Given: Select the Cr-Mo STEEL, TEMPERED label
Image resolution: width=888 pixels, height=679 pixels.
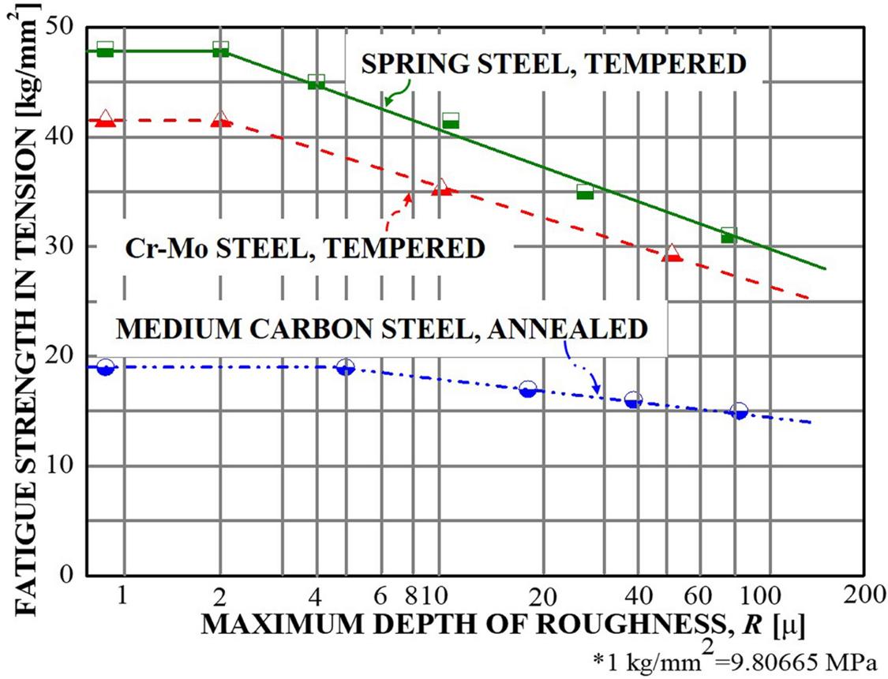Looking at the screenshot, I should click(x=304, y=248).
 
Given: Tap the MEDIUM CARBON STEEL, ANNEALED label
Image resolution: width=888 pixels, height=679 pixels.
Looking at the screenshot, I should click(x=380, y=327).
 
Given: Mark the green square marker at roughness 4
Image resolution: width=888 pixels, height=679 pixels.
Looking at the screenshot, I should click(x=317, y=81).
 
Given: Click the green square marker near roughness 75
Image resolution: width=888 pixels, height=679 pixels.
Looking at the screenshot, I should click(x=729, y=234).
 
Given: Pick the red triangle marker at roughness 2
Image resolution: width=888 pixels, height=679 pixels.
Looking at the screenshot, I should click(x=221, y=119).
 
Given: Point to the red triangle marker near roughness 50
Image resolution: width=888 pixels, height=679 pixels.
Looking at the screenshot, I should click(x=671, y=253).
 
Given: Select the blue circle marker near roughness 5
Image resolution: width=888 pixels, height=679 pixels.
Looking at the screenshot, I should click(x=345, y=367).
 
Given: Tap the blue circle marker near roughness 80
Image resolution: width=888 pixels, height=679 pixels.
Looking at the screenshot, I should click(x=739, y=411).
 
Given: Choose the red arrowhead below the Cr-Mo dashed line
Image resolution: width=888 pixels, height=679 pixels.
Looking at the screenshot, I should click(x=409, y=196).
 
